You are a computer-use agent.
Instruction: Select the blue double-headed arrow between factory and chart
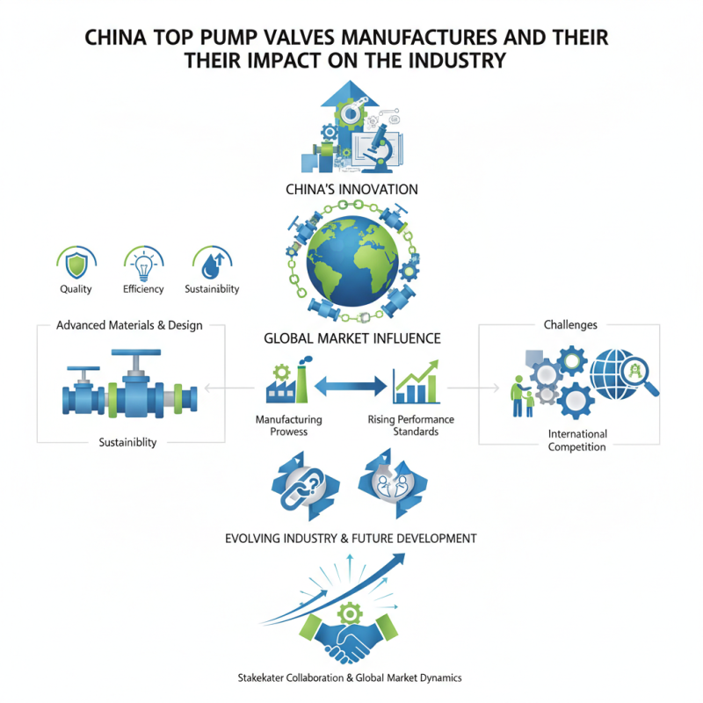click(x=351, y=385)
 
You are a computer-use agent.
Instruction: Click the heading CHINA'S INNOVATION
click(x=351, y=189)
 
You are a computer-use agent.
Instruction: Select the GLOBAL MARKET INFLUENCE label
click(x=351, y=337)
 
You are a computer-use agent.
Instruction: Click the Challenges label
click(x=570, y=324)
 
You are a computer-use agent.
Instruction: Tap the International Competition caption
click(x=576, y=440)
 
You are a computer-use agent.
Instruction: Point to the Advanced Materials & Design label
click(x=129, y=325)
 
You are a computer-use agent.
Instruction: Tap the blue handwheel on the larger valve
click(x=134, y=354)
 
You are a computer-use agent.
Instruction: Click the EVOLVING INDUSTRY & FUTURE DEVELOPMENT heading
click(x=351, y=537)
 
